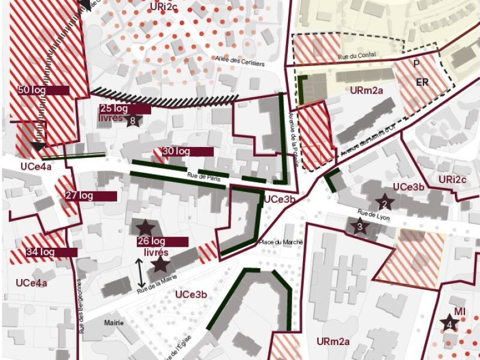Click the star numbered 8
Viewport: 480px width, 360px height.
[133, 120]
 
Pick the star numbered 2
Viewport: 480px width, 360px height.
[383, 203]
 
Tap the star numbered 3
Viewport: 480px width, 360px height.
[359, 226]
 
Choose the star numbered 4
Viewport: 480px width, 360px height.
[449, 325]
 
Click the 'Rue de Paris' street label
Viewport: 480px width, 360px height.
[201, 176]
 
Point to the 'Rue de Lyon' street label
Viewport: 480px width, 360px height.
[373, 215]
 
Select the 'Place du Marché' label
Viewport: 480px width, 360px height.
[281, 242]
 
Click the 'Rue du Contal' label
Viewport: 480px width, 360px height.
[358, 55]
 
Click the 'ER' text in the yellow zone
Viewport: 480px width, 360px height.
[422, 82]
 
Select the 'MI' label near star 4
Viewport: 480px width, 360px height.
[460, 311]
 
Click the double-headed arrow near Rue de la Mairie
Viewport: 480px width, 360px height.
[141, 272]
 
